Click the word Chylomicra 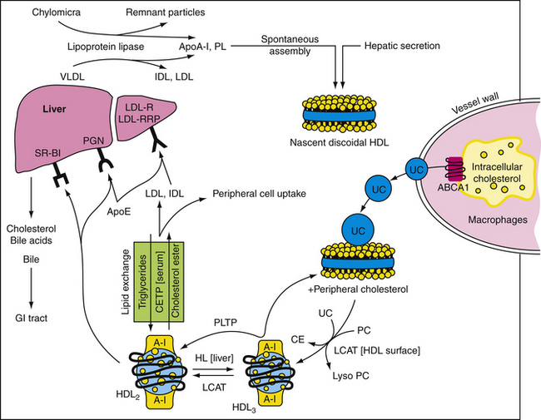click(x=63, y=13)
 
